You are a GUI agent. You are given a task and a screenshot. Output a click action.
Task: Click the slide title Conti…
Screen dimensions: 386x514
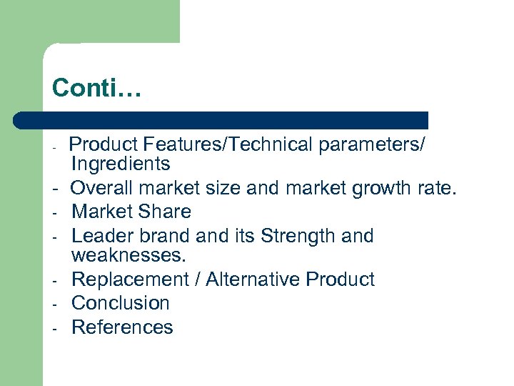pos(98,88)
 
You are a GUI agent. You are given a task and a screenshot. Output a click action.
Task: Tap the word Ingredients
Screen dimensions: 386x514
pos(121,164)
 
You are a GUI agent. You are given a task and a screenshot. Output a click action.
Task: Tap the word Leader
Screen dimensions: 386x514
pos(101,236)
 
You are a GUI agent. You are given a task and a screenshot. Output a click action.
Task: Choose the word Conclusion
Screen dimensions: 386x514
pos(121,303)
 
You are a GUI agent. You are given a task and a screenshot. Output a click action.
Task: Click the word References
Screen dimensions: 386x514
pos(122,327)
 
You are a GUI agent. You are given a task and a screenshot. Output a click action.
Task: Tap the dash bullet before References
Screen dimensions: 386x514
pos(54,328)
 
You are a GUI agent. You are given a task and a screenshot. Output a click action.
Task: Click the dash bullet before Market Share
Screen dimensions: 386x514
pos(54,212)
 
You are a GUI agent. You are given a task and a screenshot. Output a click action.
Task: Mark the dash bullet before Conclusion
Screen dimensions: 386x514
pos(54,304)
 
